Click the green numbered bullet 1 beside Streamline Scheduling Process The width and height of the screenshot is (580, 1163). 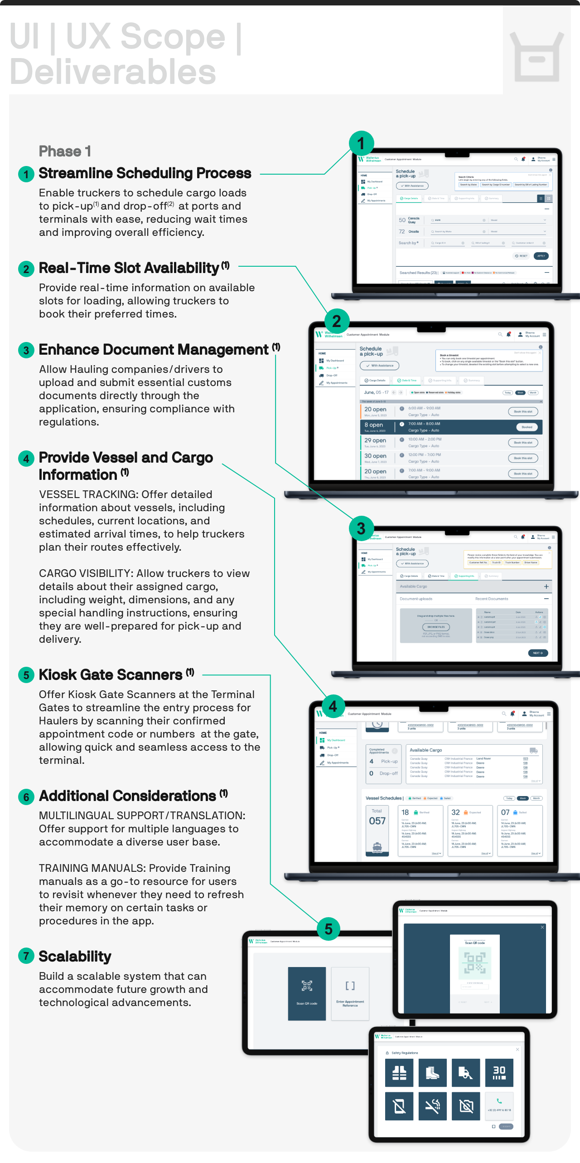coord(26,174)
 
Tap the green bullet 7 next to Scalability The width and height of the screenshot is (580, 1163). coord(26,956)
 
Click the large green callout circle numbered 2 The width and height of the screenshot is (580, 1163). coord(337,321)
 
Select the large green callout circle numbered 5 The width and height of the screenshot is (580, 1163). coord(329,928)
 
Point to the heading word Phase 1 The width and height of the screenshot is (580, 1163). coord(65,151)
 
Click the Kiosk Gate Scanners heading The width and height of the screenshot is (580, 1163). coord(111,674)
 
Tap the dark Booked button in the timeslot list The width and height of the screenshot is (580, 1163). coord(527,427)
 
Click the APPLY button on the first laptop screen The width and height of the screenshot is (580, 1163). coord(541,256)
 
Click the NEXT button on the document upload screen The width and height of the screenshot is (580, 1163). coord(538,653)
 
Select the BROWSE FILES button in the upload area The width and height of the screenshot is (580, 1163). coord(436,627)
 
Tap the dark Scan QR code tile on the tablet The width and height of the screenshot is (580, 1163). coord(307,993)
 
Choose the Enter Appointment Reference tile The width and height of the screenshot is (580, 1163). coord(350,993)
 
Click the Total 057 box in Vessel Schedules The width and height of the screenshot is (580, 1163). coord(377,831)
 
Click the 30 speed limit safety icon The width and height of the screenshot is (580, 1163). coord(499,1072)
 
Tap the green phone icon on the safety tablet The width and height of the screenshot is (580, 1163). coord(499,1101)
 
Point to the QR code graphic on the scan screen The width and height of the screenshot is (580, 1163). coord(474,963)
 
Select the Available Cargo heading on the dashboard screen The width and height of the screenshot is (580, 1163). coord(426,750)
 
